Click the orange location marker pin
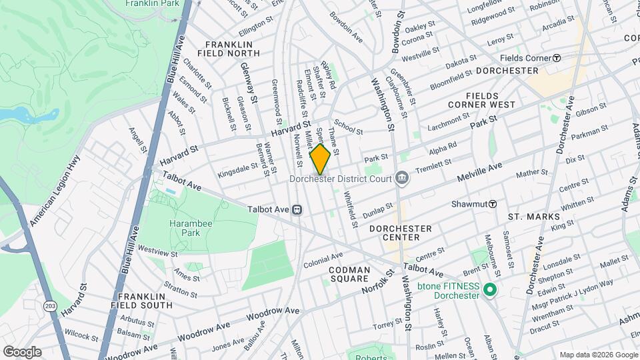(320, 159)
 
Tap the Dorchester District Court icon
(402, 178)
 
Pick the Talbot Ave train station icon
(297, 209)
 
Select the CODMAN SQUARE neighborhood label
(349, 273)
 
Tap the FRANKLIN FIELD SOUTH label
(145, 300)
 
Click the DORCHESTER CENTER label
(401, 233)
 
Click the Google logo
(22, 351)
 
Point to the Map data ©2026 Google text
(598, 355)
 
